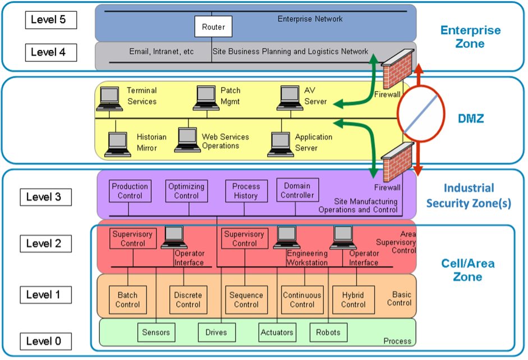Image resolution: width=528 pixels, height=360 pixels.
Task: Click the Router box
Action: click(x=213, y=27)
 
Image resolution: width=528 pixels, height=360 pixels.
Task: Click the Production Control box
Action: click(x=130, y=191)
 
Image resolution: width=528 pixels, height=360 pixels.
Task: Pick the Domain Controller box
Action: click(x=297, y=190)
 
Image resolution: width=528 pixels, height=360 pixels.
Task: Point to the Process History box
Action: click(x=246, y=191)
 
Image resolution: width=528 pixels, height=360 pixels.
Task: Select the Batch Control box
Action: click(x=127, y=300)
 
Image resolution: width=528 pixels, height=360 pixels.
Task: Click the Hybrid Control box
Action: click(x=353, y=300)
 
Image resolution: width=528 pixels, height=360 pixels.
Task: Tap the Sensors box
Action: click(x=156, y=332)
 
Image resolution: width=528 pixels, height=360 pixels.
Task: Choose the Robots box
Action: click(x=328, y=332)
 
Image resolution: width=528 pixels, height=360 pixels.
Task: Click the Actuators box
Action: click(x=277, y=332)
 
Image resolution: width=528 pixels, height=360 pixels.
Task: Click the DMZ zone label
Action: click(x=470, y=119)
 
